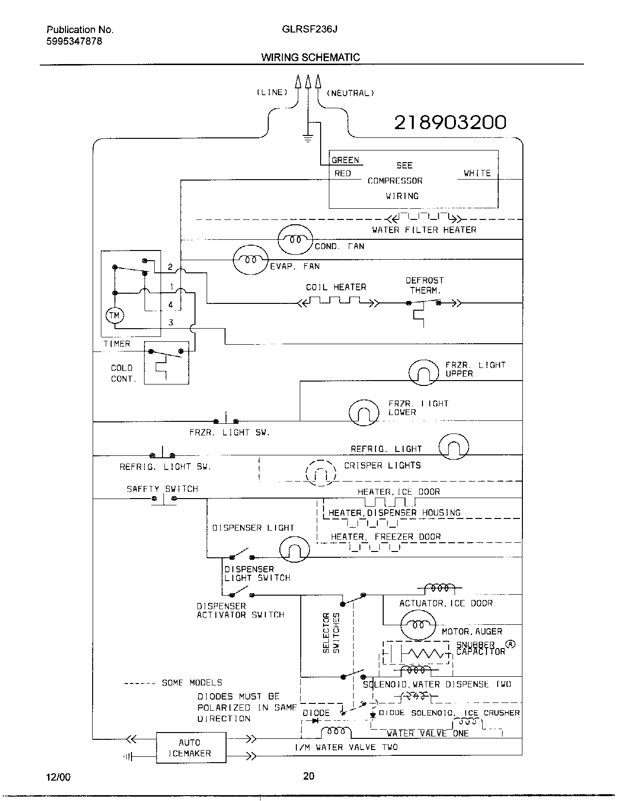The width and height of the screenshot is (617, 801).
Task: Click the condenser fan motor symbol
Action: pyautogui.click(x=295, y=239)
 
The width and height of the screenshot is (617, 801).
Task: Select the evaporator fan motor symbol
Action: pyautogui.click(x=250, y=260)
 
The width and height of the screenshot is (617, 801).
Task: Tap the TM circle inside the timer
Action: pyautogui.click(x=114, y=316)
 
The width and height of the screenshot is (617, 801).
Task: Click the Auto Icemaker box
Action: pyautogui.click(x=191, y=748)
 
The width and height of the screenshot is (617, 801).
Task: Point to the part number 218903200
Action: pyautogui.click(x=450, y=122)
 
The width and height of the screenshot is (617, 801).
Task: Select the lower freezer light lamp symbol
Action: pyautogui.click(x=364, y=413)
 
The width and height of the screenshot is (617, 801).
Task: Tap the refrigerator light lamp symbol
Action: pyautogui.click(x=454, y=447)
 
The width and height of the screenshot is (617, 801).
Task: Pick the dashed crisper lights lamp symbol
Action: pyautogui.click(x=321, y=473)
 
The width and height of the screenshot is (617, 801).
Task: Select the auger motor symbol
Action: pyautogui.click(x=418, y=624)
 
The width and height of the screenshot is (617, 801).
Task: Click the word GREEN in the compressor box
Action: pyautogui.click(x=345, y=160)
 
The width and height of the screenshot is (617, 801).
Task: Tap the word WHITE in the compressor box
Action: pyautogui.click(x=477, y=173)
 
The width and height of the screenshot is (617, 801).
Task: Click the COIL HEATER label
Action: pyautogui.click(x=336, y=287)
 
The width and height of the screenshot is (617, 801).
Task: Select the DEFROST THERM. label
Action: pyautogui.click(x=425, y=285)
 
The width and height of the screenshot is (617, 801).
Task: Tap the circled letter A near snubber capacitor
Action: pyautogui.click(x=510, y=644)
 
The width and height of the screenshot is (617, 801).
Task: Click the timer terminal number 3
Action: pyautogui.click(x=170, y=322)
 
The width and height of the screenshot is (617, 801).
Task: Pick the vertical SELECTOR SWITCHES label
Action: pyautogui.click(x=331, y=633)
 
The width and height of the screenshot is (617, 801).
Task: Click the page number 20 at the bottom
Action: pyautogui.click(x=308, y=776)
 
